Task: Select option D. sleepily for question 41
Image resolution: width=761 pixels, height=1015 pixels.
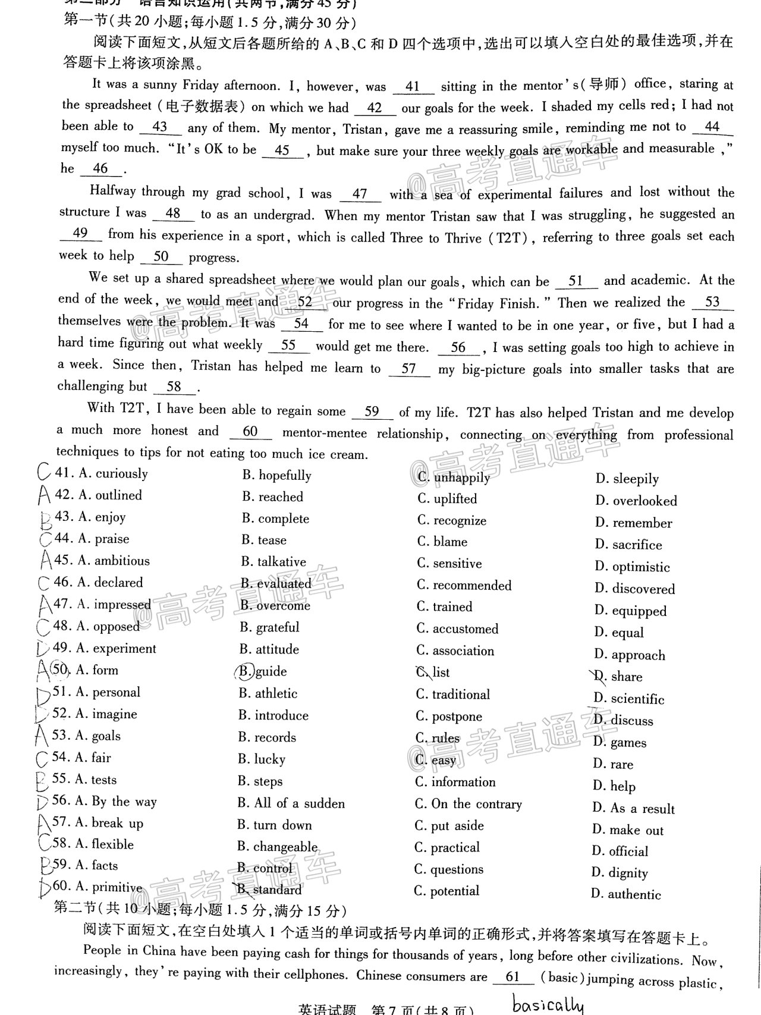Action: [627, 479]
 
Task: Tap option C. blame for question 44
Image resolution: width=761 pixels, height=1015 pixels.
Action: [442, 542]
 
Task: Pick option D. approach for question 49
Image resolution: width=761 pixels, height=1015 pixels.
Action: [630, 655]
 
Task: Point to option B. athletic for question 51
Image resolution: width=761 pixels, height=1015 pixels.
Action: [268, 693]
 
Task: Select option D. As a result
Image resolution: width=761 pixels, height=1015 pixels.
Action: [633, 809]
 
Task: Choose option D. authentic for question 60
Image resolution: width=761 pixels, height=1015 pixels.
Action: [626, 894]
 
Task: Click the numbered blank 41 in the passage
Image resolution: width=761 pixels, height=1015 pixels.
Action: [413, 87]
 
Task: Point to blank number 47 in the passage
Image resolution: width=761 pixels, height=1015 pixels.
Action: [360, 194]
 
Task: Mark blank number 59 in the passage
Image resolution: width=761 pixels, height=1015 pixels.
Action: [372, 411]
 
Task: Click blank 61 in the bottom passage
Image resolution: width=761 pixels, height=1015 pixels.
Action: [512, 977]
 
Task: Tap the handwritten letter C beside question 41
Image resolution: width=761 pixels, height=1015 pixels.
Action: [43, 473]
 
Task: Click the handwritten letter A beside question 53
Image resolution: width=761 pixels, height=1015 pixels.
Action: [42, 736]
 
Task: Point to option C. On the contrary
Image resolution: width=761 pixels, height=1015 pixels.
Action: [468, 805]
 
